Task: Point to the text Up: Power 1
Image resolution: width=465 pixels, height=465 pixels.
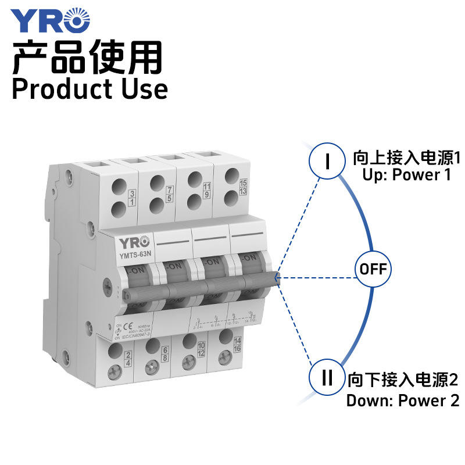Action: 407,174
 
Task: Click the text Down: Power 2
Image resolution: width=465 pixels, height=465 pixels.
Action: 403,400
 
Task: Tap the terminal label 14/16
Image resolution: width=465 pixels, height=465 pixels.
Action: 237,344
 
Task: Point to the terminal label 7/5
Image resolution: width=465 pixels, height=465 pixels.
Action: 170,194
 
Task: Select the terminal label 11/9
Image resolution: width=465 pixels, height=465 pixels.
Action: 208,189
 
